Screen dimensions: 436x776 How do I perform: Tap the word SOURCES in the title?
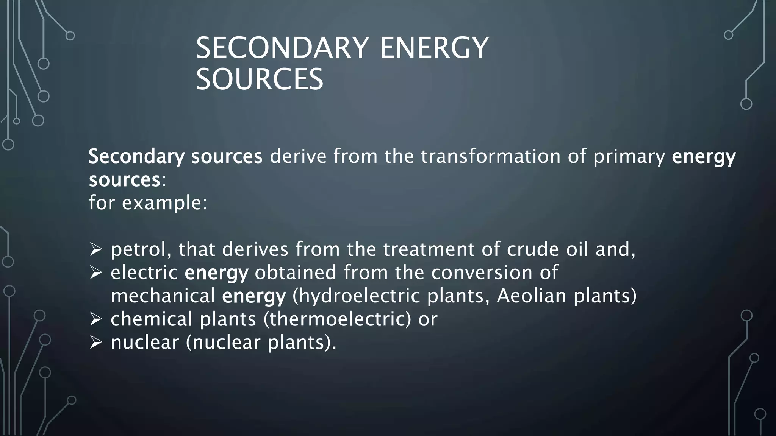pyautogui.click(x=260, y=79)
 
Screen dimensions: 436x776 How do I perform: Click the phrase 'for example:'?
pyautogui.click(x=148, y=203)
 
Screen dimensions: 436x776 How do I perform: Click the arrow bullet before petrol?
pyautogui.click(x=96, y=249)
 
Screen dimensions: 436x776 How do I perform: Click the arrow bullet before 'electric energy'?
pyautogui.click(x=96, y=272)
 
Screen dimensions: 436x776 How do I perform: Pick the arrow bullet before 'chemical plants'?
pyautogui.click(x=96, y=319)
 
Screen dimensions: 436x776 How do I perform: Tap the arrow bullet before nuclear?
pyautogui.click(x=96, y=343)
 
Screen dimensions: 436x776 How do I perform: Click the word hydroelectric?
pyautogui.click(x=356, y=296)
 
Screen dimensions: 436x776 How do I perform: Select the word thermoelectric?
pyautogui.click(x=337, y=319)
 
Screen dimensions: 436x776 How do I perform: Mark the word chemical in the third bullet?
pyautogui.click(x=152, y=319)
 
